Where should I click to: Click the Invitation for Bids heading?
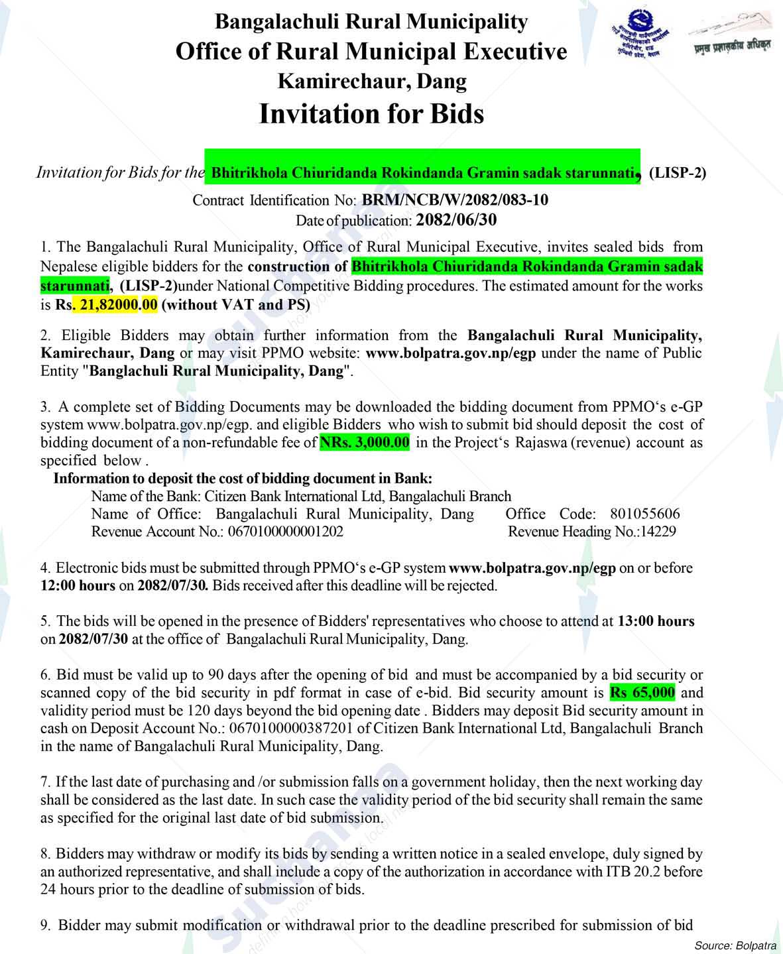click(x=371, y=114)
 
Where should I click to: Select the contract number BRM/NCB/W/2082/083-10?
click(x=454, y=200)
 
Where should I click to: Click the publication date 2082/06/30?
click(x=455, y=219)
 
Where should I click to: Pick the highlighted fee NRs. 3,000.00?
click(x=365, y=442)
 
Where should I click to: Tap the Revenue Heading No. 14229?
click(x=654, y=532)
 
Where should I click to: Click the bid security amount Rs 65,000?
click(x=642, y=693)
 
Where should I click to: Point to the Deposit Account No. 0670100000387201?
click(x=290, y=729)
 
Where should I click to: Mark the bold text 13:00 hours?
click(x=656, y=621)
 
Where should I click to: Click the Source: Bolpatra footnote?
click(x=735, y=945)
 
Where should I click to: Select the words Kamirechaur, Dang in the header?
click(x=371, y=82)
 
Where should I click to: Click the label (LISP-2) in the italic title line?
click(x=678, y=174)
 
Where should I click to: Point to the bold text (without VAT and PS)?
click(x=235, y=306)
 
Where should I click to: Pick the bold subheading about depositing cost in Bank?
click(x=243, y=478)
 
